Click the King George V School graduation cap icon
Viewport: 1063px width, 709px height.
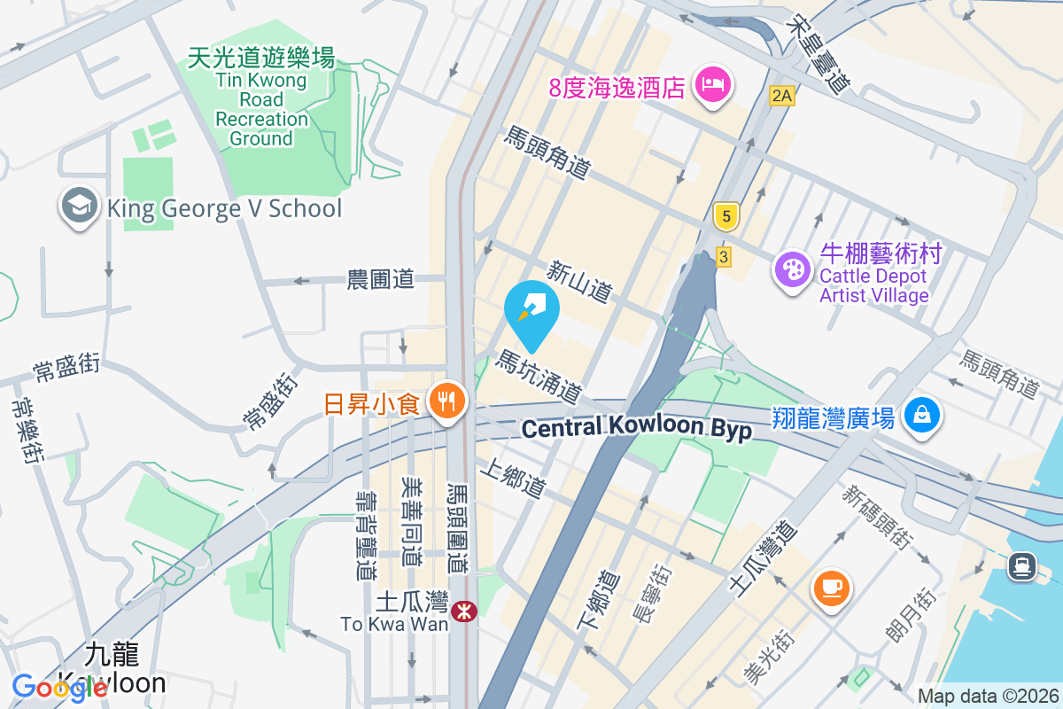(79, 206)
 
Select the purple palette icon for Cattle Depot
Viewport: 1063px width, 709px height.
(791, 269)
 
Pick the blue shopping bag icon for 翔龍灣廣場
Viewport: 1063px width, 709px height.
(922, 414)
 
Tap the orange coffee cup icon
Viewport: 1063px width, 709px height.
(831, 587)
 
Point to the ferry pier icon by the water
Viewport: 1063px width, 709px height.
(1022, 565)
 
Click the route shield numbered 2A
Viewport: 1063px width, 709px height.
(780, 96)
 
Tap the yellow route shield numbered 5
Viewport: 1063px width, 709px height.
(725, 215)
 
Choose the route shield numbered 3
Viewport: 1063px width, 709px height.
(724, 257)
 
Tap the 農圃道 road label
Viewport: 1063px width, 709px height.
(380, 280)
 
